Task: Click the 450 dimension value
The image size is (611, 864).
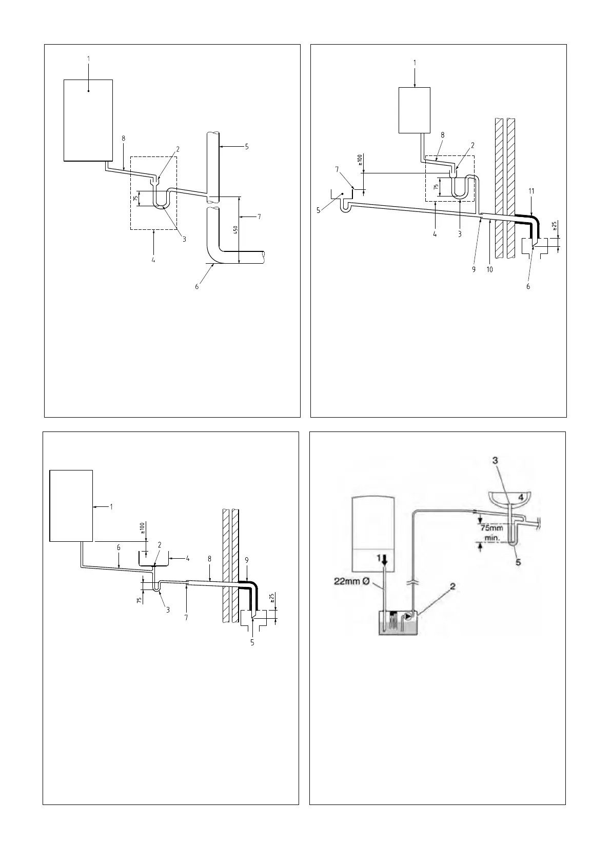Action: (x=234, y=230)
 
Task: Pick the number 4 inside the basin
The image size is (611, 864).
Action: (x=521, y=497)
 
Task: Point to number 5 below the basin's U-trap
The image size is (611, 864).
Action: (x=518, y=562)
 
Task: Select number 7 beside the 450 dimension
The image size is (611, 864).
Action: (x=259, y=217)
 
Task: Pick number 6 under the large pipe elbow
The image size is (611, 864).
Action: (x=196, y=287)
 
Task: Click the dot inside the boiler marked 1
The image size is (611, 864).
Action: (x=88, y=91)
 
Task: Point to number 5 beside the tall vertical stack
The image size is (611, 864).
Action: (x=247, y=146)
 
